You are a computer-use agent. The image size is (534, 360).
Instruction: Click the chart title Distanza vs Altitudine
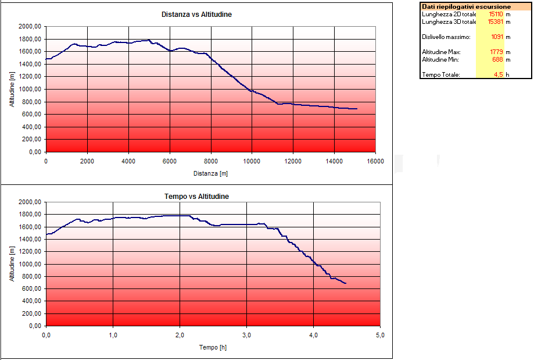pyautogui.click(x=196, y=14)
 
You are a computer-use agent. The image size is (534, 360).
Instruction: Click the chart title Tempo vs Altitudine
pyautogui.click(x=196, y=197)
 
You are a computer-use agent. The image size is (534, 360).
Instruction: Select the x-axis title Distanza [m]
pyautogui.click(x=210, y=173)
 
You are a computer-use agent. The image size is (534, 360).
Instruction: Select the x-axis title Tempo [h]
pyautogui.click(x=213, y=347)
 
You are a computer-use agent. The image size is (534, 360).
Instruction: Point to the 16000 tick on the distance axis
pyautogui.click(x=375, y=161)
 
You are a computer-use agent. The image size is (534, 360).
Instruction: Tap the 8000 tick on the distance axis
pyautogui.click(x=210, y=161)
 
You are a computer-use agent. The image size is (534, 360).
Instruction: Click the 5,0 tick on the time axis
pyautogui.click(x=381, y=336)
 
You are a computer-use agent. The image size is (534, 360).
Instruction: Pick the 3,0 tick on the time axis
pyautogui.click(x=247, y=336)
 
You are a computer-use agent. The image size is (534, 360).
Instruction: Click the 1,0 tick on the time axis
pyautogui.click(x=113, y=336)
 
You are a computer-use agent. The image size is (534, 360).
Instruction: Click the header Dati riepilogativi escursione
pyautogui.click(x=475, y=6)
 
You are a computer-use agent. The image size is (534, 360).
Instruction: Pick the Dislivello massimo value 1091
pyautogui.click(x=496, y=37)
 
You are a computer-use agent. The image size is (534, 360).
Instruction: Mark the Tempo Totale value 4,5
pyautogui.click(x=498, y=74)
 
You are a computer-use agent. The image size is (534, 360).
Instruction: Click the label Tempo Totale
pyautogui.click(x=441, y=74)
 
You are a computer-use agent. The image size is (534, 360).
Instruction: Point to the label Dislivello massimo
pyautogui.click(x=446, y=37)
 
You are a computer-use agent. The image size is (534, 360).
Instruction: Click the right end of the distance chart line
pyautogui.click(x=357, y=109)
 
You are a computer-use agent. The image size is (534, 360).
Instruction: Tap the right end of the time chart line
pyautogui.click(x=346, y=283)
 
